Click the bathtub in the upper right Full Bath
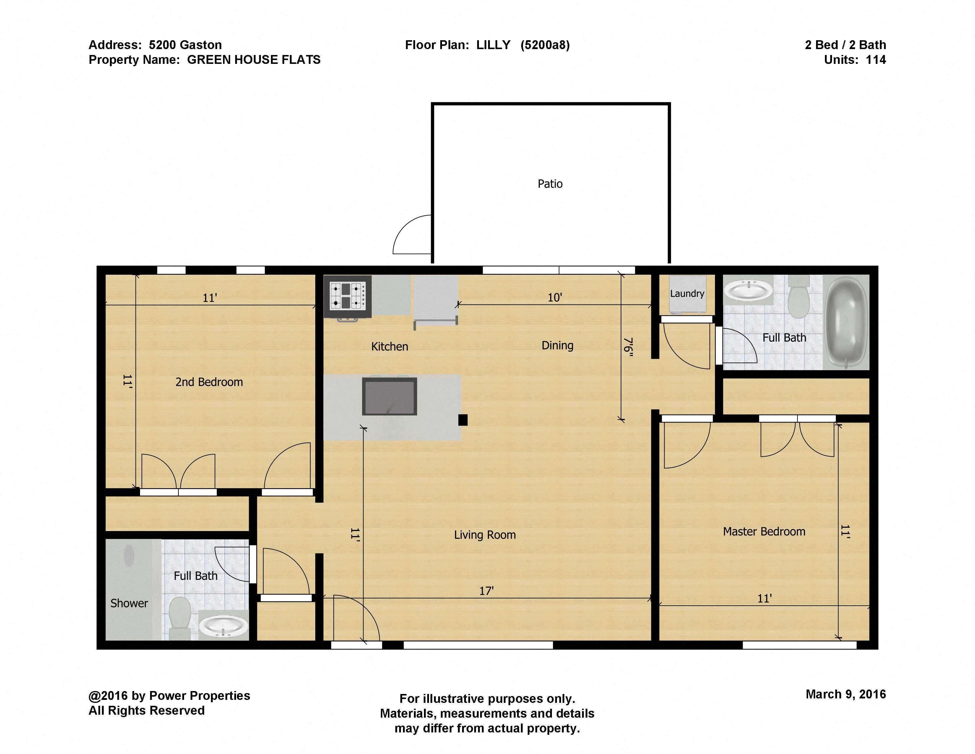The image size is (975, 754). [x=846, y=322]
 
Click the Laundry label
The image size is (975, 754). [x=687, y=294]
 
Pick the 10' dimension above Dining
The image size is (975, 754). [x=555, y=297]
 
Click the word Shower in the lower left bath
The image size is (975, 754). [x=129, y=603]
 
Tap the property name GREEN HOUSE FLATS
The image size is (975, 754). [x=253, y=59]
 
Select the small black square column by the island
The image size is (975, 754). [x=463, y=420]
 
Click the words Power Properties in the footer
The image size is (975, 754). [x=199, y=695]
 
